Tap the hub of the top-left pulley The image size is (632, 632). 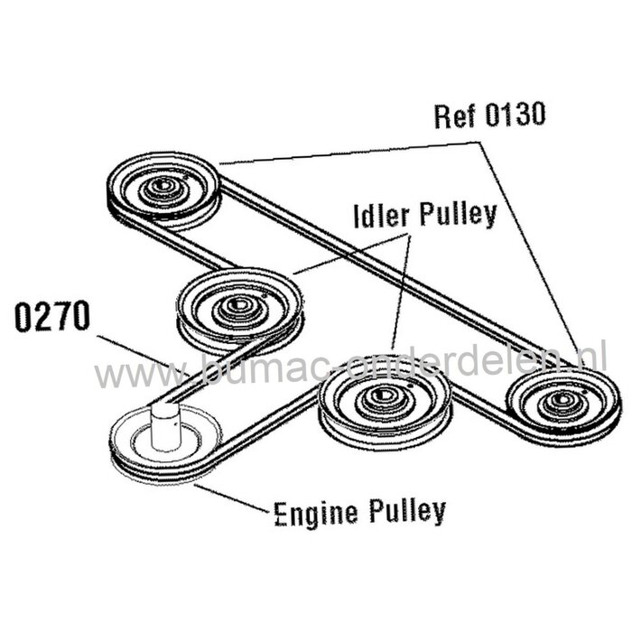[163, 188]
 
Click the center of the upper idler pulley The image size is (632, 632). [237, 305]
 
